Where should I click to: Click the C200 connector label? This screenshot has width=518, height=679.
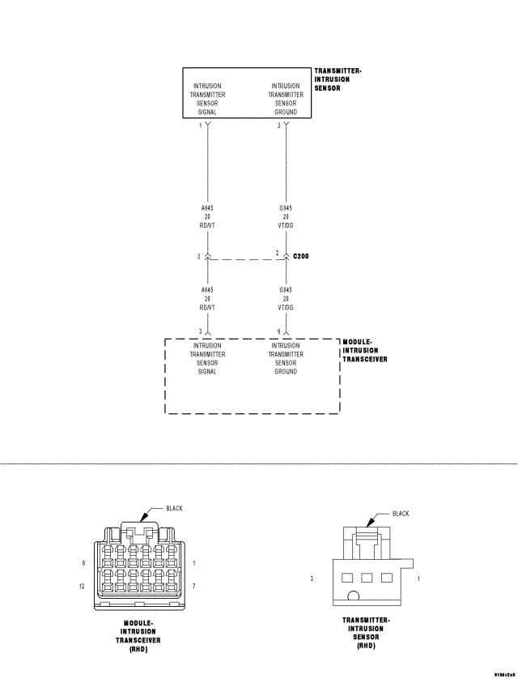click(x=301, y=255)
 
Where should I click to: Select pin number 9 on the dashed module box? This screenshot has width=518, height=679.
click(x=278, y=331)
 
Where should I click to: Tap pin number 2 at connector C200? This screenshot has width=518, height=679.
click(x=277, y=253)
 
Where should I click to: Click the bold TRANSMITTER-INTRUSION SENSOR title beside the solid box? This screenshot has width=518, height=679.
click(x=338, y=79)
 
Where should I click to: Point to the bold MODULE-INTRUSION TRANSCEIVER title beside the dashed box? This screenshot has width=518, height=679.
click(x=365, y=351)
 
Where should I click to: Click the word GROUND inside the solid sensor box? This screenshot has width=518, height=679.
click(x=286, y=112)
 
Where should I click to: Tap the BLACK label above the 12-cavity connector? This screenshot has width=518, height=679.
click(x=174, y=508)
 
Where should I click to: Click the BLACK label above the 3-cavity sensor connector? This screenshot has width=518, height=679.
click(x=401, y=514)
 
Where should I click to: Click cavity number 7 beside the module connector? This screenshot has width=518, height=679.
click(x=195, y=584)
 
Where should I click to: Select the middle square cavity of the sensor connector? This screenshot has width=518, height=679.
click(x=367, y=578)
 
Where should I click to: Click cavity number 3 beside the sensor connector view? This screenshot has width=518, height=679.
click(x=312, y=579)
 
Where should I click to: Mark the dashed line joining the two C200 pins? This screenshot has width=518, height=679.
click(x=243, y=259)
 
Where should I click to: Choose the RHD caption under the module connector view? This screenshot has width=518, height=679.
click(x=138, y=647)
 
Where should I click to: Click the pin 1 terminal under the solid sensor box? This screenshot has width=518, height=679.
click(x=208, y=126)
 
